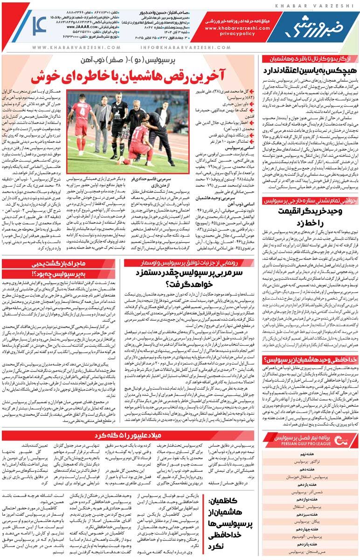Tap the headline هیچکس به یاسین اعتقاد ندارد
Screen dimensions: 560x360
[x=310, y=70]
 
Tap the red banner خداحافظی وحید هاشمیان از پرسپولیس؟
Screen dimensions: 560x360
[x=310, y=359]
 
